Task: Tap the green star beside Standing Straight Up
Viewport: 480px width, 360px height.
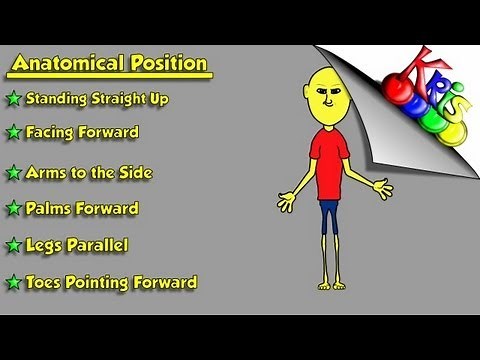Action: [13, 99]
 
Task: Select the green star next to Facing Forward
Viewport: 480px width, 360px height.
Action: [13, 132]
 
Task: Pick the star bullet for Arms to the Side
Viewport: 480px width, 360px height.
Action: [13, 173]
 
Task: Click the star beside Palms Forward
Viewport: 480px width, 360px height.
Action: [13, 209]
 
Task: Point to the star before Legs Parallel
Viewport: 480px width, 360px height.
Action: [13, 245]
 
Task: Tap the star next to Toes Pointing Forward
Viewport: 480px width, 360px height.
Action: [13, 283]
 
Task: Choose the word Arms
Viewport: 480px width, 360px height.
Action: [46, 172]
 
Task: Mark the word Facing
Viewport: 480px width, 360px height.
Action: [52, 132]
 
